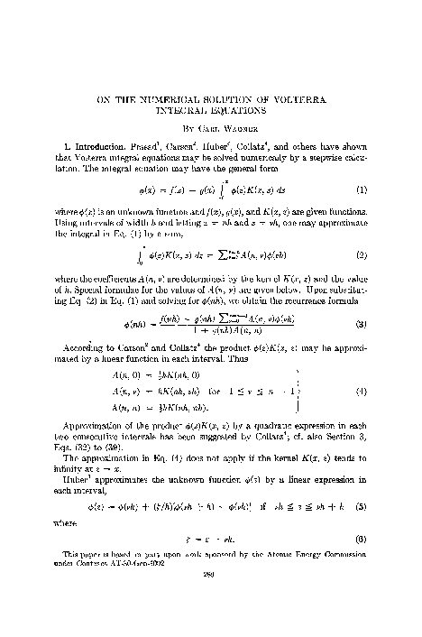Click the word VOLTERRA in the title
305,97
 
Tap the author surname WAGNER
239,128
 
